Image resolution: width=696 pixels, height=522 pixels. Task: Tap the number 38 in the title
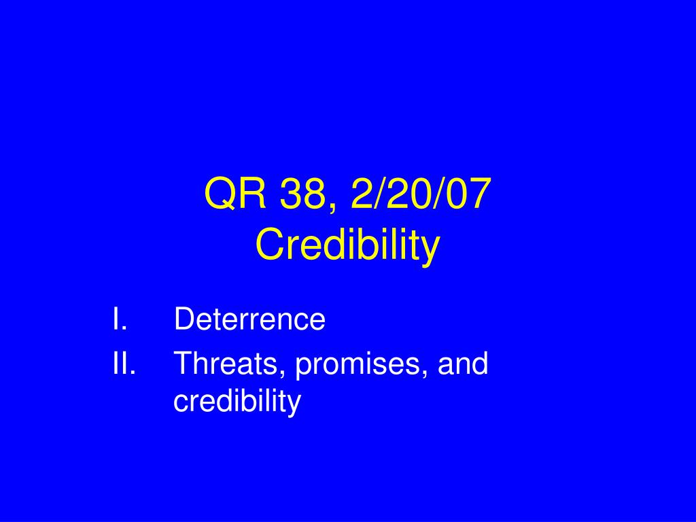303,194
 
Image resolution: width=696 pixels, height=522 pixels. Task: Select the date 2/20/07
421,193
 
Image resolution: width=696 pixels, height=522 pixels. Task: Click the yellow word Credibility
347,245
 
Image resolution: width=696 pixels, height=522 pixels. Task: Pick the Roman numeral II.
124,363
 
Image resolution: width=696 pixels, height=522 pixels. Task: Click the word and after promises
463,363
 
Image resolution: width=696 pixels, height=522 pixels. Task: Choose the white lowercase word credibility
237,402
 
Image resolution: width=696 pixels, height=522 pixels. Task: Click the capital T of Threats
184,363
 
